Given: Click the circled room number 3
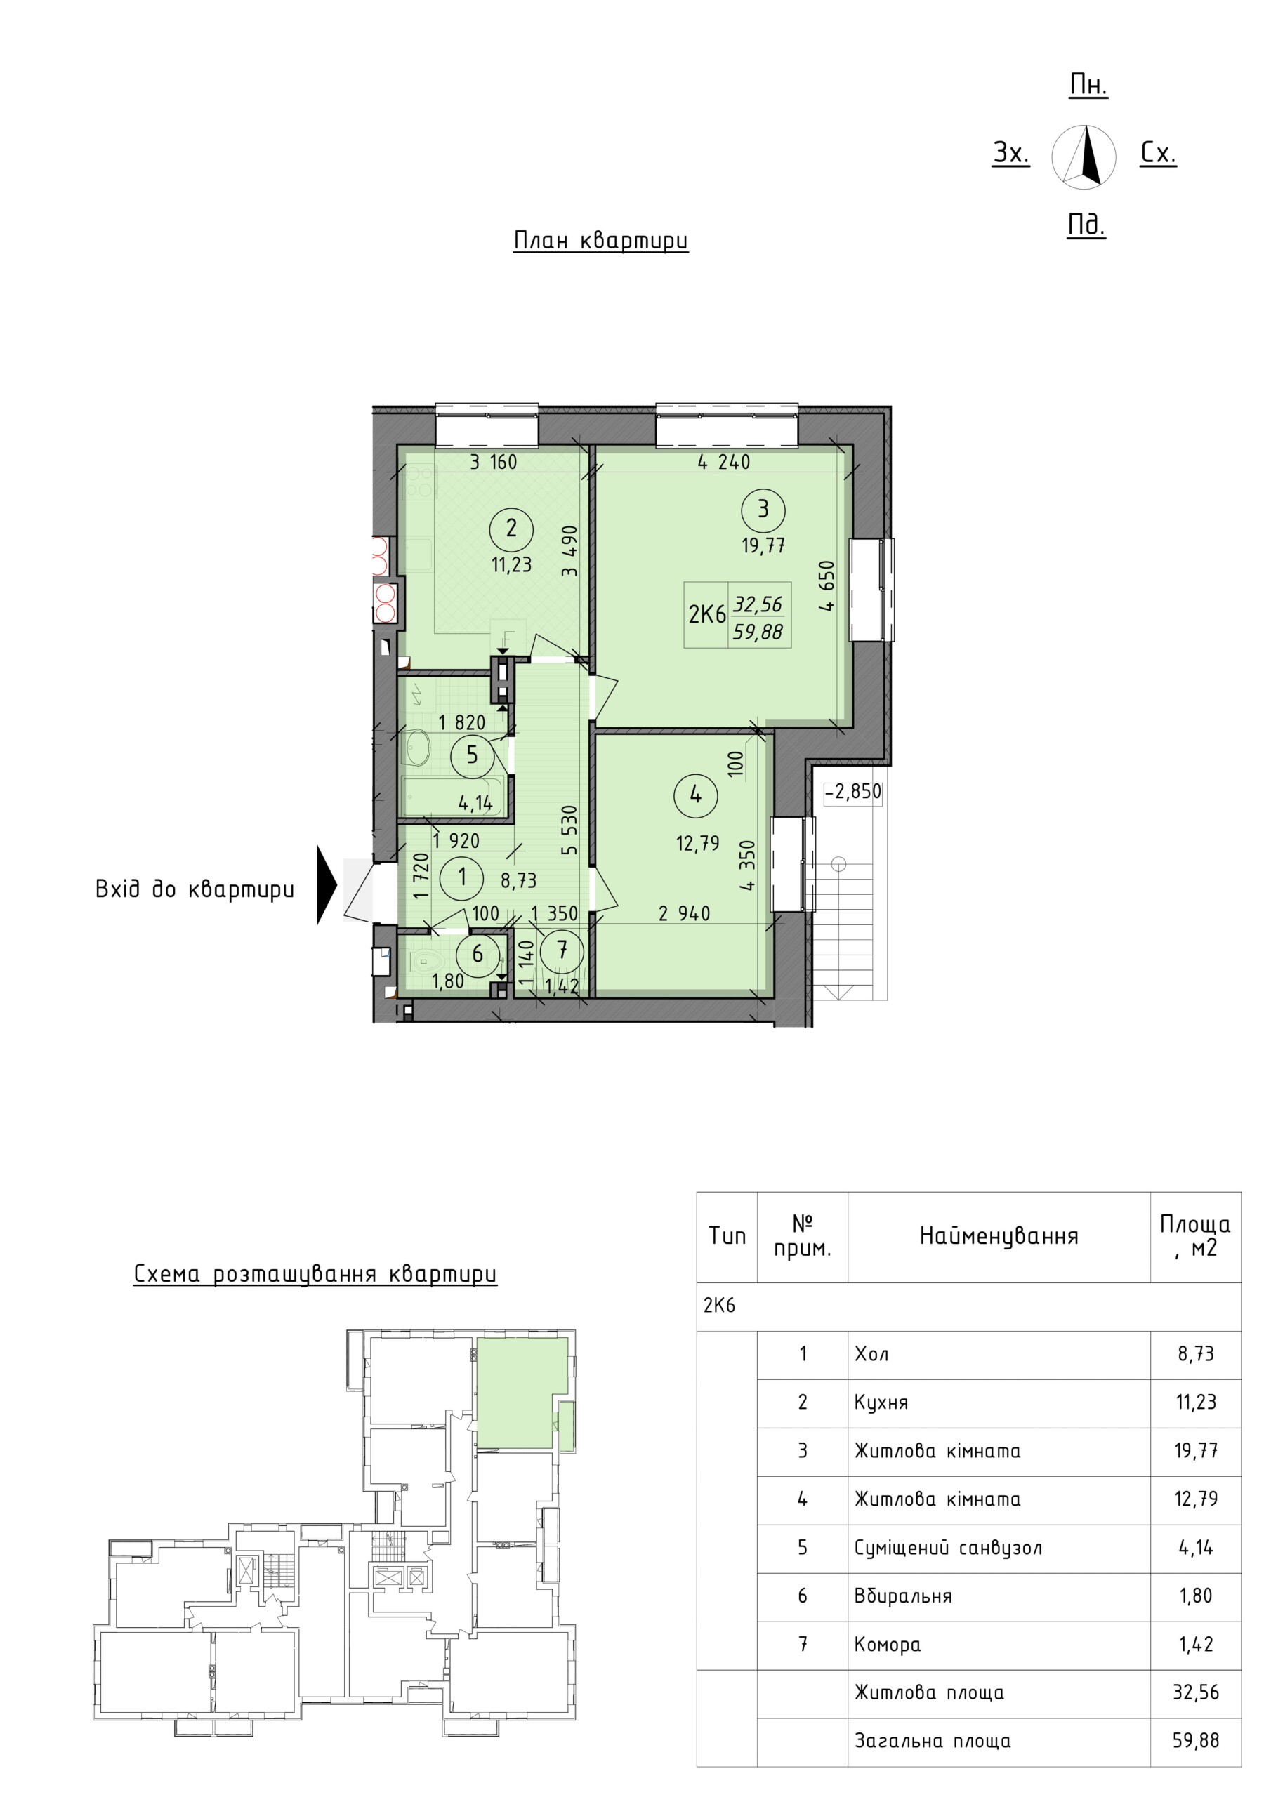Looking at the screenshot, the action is [763, 510].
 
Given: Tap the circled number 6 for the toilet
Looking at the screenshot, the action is [478, 953].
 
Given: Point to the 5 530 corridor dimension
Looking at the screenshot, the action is [569, 830].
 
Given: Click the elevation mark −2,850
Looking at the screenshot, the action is [852, 791].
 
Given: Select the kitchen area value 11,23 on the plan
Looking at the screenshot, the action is [511, 564].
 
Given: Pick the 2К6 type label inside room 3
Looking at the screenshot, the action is [707, 614].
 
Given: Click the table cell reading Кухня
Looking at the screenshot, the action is [881, 1402].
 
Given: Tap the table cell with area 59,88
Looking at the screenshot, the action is [1196, 1741].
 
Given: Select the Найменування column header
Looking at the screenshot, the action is [999, 1236].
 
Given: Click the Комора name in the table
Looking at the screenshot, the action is [888, 1643].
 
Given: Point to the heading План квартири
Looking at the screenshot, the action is [600, 240].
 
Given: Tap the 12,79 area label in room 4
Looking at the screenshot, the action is [698, 843].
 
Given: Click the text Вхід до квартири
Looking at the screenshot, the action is [195, 889].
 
